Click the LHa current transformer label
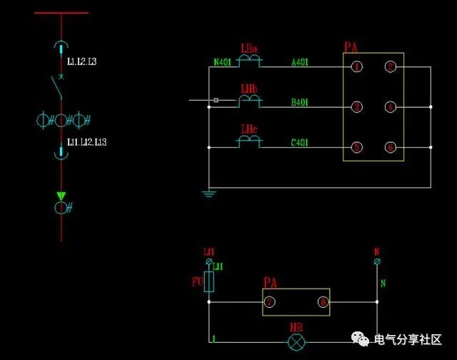click(249, 49)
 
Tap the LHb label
click(249, 89)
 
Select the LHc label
click(248, 129)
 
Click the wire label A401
click(300, 62)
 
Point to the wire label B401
click(300, 103)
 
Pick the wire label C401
click(300, 143)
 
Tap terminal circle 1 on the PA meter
click(356, 67)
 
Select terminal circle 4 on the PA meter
click(390, 107)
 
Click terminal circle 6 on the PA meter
click(390, 147)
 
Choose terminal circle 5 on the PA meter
click(356, 147)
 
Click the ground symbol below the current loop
click(209, 193)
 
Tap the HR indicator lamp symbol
click(296, 342)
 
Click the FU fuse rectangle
click(209, 281)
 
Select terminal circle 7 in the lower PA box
click(270, 302)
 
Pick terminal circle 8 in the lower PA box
click(323, 302)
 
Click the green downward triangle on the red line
click(61, 196)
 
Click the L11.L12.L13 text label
click(86, 142)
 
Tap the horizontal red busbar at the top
click(61, 13)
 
